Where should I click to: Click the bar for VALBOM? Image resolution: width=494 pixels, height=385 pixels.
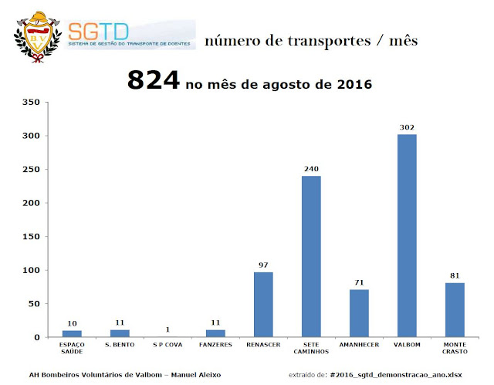(x=407, y=236)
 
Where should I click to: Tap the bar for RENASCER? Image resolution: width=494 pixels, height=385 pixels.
(x=263, y=305)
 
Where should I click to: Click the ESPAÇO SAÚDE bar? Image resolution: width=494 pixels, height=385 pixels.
(x=72, y=334)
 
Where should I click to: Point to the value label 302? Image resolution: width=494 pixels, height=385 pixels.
(x=407, y=127)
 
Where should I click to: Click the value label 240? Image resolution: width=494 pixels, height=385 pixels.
(x=311, y=168)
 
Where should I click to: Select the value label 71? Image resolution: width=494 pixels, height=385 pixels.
(x=359, y=282)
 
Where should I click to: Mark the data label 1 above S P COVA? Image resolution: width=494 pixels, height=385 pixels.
(x=167, y=329)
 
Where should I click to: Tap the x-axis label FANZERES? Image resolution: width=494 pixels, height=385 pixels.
(x=215, y=345)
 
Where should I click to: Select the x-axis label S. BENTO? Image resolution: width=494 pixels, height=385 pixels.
(x=120, y=345)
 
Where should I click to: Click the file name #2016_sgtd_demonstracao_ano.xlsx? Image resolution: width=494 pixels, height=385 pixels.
(x=396, y=375)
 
